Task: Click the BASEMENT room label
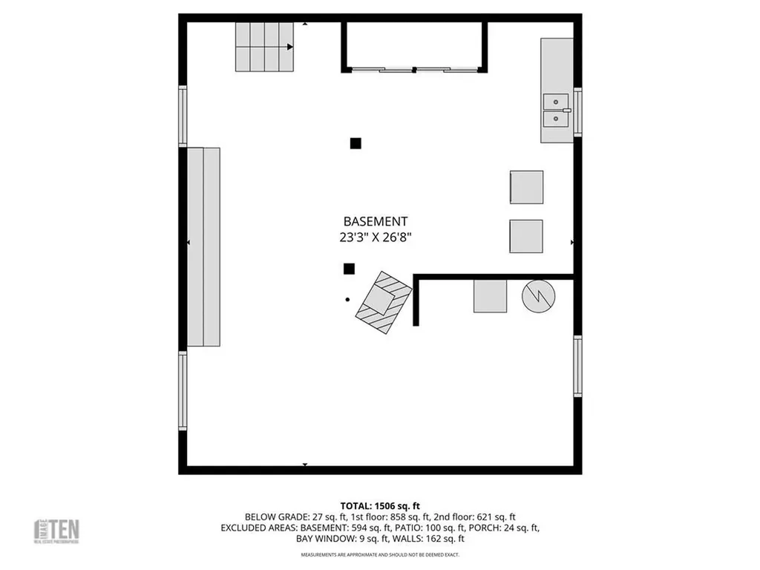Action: point(375,221)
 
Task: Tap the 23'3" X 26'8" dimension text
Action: point(375,238)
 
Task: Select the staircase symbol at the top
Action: point(264,47)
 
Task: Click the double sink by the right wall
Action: point(555,110)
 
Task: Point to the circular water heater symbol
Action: point(538,296)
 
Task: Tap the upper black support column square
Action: point(356,143)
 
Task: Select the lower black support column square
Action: point(349,269)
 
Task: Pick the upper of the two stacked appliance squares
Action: point(526,187)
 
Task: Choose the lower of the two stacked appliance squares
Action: point(526,236)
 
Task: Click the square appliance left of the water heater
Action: point(491,296)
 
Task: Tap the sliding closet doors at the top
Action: point(414,70)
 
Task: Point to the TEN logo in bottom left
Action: point(58,531)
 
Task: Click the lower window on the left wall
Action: point(183,390)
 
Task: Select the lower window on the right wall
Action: point(577,365)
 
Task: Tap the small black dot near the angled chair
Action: point(347,300)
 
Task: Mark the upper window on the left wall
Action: point(183,116)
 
